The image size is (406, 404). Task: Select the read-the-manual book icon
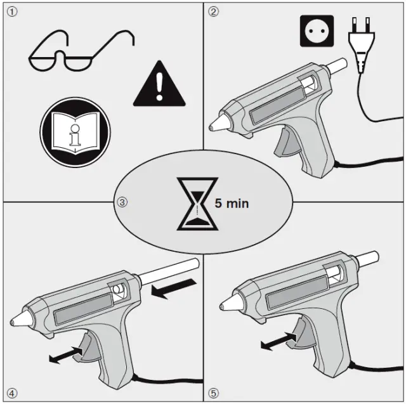point(75,133)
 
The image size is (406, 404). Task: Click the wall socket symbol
point(317,30)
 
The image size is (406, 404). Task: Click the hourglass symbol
point(197,203)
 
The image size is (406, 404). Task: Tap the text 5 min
point(232,204)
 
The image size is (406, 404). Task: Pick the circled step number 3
point(122,203)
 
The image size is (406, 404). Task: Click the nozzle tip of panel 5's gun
point(222,307)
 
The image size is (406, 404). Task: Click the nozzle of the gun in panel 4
point(18,319)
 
